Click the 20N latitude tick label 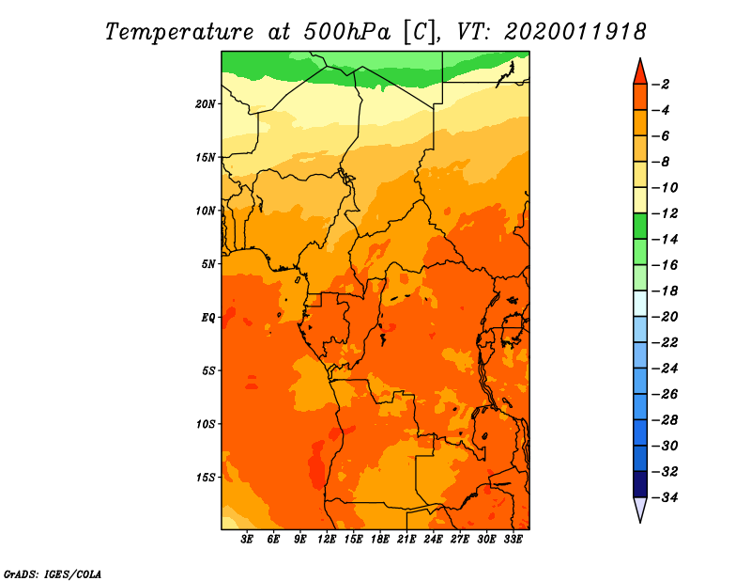(206, 104)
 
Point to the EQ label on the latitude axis (208, 318)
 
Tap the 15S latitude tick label (206, 478)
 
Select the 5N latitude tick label (208, 264)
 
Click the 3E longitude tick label (247, 539)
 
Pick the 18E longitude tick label (380, 539)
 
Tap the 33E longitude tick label (513, 539)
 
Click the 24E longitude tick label (433, 539)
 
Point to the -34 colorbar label (665, 497)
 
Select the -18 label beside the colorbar (665, 290)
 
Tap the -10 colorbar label (665, 188)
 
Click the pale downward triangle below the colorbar (640, 509)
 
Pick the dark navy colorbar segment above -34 (640, 484)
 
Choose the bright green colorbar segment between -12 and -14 (640, 226)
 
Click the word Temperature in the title (179, 32)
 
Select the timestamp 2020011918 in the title (575, 32)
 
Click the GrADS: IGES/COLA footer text (53, 574)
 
